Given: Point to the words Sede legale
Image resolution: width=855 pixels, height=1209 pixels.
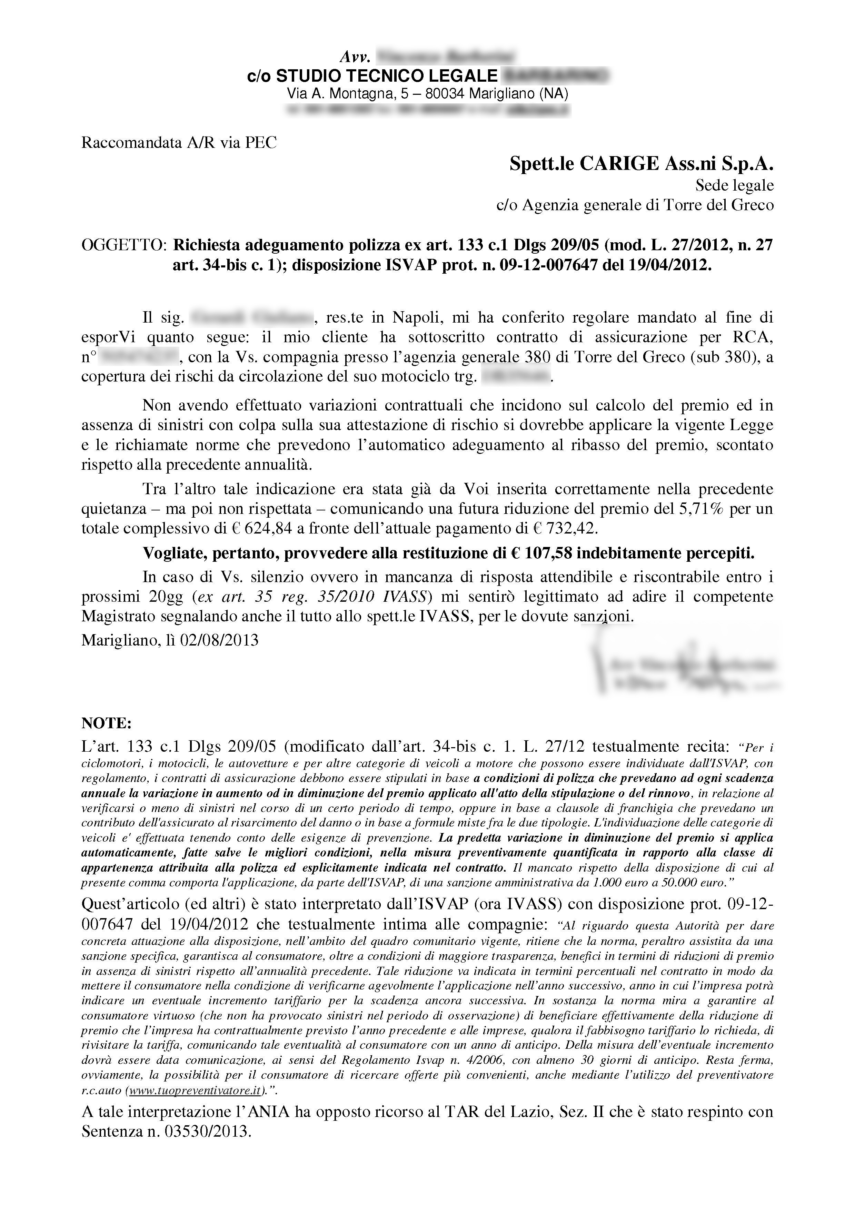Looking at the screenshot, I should pyautogui.click(x=734, y=185).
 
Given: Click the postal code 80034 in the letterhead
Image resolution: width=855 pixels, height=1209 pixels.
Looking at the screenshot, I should pyautogui.click(x=445, y=94).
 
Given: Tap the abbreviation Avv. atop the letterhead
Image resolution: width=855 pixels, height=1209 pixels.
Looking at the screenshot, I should pyautogui.click(x=357, y=56).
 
